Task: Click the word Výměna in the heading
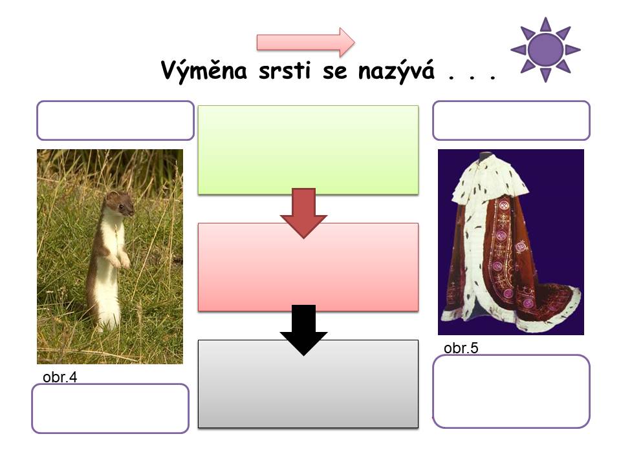(x=204, y=71)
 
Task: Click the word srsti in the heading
(x=285, y=71)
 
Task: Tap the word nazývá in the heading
(x=397, y=71)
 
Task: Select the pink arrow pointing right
(x=306, y=42)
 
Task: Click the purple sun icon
(x=545, y=50)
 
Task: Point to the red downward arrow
(x=303, y=213)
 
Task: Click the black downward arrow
(x=303, y=330)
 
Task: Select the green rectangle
(x=308, y=150)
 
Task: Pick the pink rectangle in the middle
(x=308, y=267)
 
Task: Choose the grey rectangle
(x=308, y=384)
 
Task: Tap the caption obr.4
(x=60, y=377)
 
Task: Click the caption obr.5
(x=461, y=348)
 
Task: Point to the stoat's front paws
(x=120, y=260)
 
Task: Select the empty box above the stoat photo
(x=115, y=121)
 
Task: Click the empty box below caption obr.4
(x=110, y=408)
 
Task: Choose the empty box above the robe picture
(x=511, y=121)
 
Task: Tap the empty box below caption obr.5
(x=511, y=391)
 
